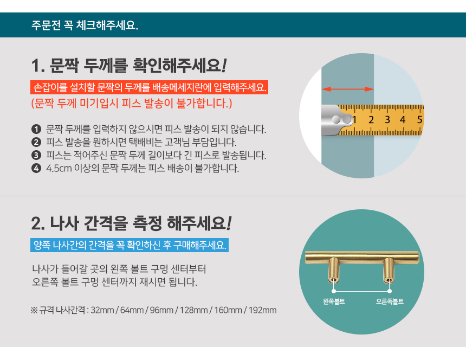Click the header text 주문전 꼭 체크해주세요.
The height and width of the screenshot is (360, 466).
point(85,25)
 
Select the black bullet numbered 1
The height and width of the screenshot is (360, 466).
point(36,130)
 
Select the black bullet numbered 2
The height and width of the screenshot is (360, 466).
point(36,143)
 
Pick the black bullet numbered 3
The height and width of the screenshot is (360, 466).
point(36,156)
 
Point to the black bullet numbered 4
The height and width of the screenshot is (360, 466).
point(36,169)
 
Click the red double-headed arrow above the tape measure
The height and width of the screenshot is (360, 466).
point(348,88)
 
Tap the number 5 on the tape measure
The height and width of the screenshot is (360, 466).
point(419,119)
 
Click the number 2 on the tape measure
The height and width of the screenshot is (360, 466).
point(371,120)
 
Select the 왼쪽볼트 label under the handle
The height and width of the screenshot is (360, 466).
point(334,301)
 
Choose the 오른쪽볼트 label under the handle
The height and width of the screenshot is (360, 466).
point(390,301)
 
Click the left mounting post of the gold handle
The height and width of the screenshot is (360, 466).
point(334,271)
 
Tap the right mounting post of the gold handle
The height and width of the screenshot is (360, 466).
point(389,271)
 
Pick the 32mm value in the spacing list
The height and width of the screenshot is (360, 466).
point(102,311)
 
